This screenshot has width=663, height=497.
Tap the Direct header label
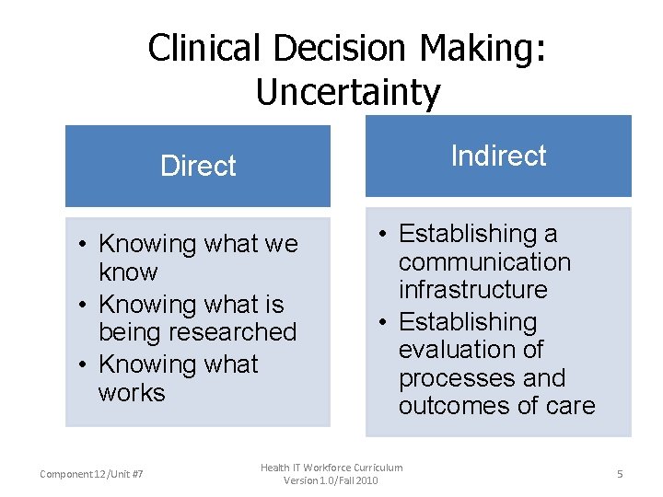[x=198, y=166]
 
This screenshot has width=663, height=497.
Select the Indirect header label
[x=498, y=156]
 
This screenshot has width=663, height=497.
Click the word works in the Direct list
[x=132, y=392]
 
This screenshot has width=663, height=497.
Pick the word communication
[x=484, y=262]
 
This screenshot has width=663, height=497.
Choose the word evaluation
[x=471, y=350]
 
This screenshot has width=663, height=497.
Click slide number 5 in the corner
[x=620, y=473]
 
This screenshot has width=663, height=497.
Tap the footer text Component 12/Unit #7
[x=91, y=473]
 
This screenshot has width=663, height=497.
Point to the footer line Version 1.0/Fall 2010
[x=331, y=480]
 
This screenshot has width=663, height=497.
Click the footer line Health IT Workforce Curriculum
[x=331, y=468]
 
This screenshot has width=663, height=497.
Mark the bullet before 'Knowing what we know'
[x=83, y=244]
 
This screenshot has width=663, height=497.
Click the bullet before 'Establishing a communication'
[x=383, y=235]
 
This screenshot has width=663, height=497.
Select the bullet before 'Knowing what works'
[x=83, y=364]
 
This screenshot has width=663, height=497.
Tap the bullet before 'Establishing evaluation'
[x=383, y=322]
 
